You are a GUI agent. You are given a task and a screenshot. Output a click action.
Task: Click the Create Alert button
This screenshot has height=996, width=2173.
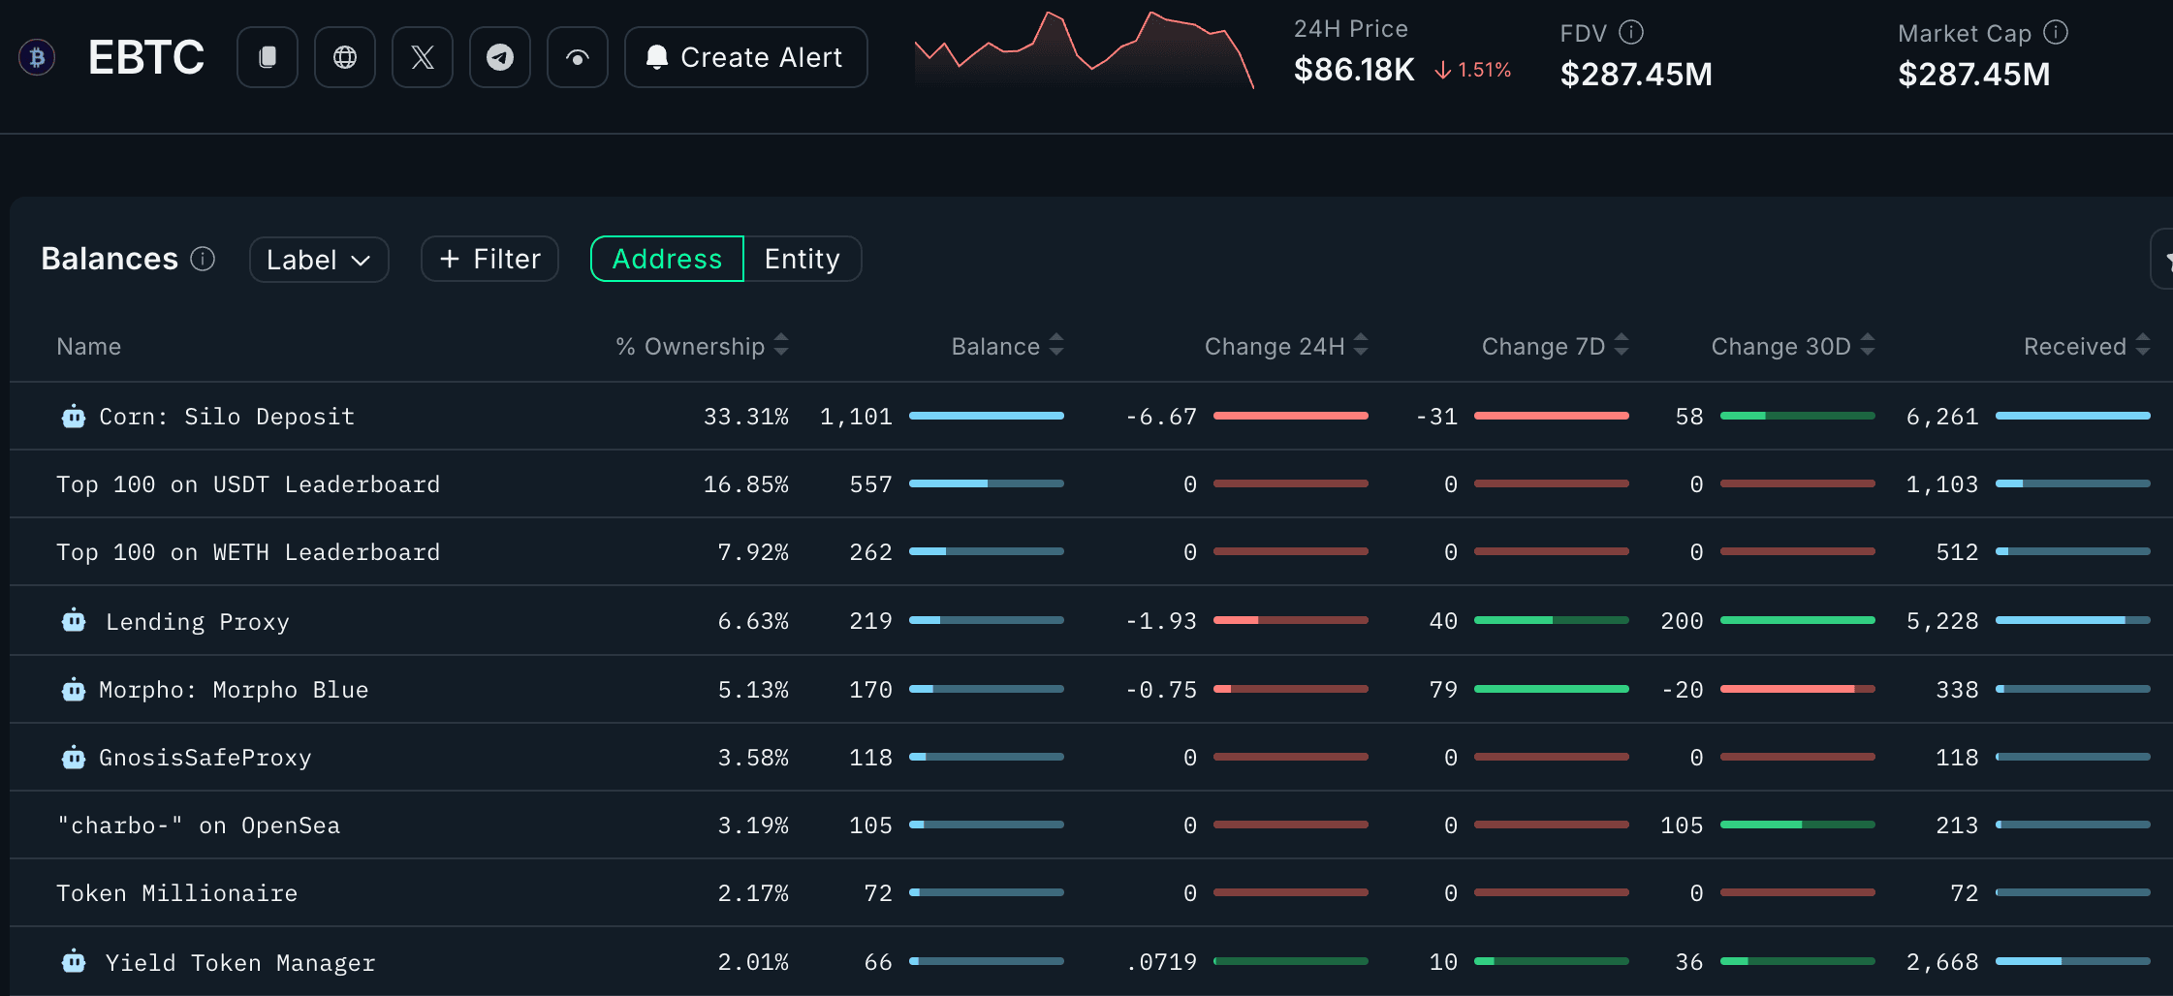coord(745,57)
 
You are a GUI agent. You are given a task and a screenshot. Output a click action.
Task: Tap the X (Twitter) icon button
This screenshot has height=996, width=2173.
coord(422,57)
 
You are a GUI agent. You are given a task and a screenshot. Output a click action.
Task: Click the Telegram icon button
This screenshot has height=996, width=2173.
coord(499,57)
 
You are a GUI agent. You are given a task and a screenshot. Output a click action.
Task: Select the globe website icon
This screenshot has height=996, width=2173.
coord(344,57)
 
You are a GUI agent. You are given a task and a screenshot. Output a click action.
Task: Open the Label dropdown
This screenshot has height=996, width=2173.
coord(318,260)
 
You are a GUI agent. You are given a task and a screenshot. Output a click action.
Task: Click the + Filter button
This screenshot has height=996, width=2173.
coord(489,259)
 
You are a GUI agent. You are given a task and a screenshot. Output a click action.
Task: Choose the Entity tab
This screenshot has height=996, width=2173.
coord(802,259)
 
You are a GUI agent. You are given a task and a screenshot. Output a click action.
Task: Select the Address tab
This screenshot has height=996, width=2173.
coord(667,259)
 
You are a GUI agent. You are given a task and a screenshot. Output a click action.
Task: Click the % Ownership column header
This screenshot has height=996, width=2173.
coord(690,346)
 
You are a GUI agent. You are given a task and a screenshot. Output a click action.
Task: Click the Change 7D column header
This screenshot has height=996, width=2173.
coord(1543,346)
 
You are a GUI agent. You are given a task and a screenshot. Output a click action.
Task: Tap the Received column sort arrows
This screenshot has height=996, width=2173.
coord(2143,345)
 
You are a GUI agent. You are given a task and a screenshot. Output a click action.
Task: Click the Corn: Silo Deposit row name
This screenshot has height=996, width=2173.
coord(227,417)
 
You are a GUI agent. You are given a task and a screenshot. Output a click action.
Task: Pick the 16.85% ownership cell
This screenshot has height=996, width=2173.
coord(745,484)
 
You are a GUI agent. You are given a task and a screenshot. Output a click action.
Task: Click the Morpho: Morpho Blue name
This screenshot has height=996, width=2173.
coord(233,690)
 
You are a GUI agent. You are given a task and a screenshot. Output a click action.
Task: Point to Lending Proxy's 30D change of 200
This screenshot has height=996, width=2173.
coord(1682,621)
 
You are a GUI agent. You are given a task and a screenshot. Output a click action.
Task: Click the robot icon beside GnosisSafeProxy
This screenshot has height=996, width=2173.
coord(74,758)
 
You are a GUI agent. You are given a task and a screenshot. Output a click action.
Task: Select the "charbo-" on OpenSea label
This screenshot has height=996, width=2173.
coord(199,825)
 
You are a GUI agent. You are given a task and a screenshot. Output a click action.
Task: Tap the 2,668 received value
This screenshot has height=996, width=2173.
coord(1941,962)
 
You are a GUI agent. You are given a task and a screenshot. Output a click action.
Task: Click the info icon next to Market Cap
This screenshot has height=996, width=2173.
coord(2056,33)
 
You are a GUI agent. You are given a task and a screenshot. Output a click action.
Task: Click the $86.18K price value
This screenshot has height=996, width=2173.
coord(1354,70)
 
